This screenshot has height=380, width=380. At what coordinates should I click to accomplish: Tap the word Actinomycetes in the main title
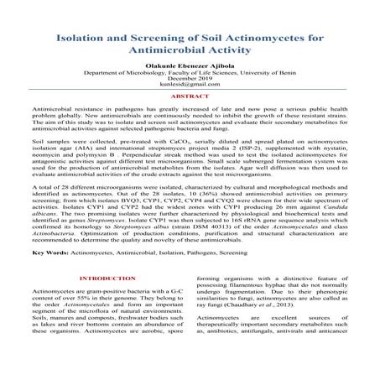tap(256, 39)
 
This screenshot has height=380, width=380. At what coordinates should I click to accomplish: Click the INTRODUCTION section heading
tap(104, 277)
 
